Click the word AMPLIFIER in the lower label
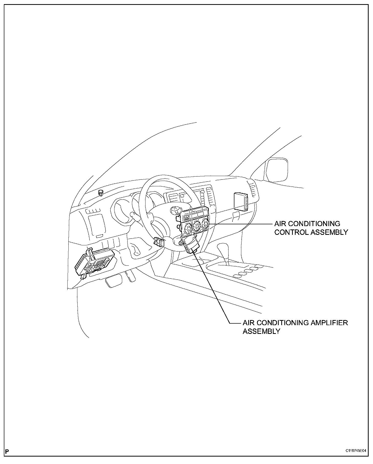pyautogui.click(x=329, y=323)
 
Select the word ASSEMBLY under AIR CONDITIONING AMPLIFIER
pyautogui.click(x=261, y=331)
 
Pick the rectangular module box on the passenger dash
pyautogui.click(x=241, y=201)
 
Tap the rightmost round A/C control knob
pyautogui.click(x=205, y=225)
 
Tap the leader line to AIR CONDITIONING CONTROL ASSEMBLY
pyautogui.click(x=241, y=224)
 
